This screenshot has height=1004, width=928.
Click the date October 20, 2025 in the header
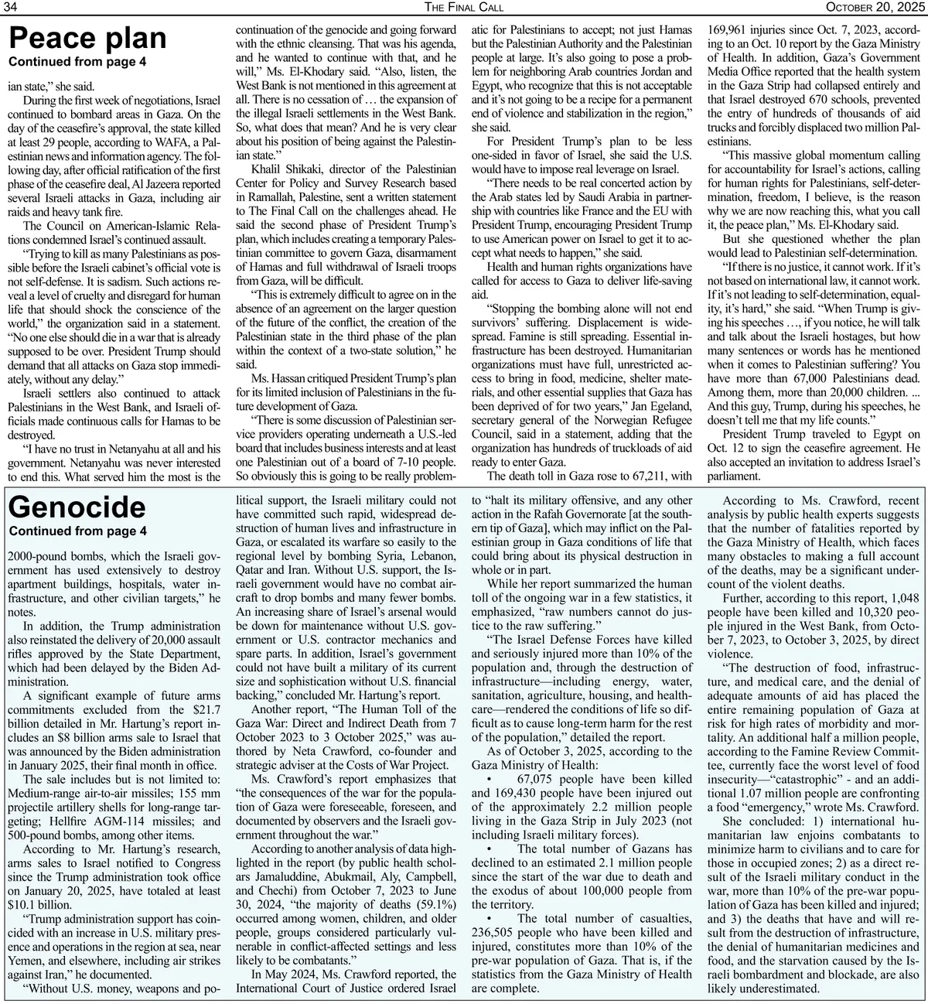coord(875,7)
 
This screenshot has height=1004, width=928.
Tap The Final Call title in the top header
coord(464,7)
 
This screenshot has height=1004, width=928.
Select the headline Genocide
coord(77,507)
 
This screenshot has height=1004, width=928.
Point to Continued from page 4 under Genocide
coord(77,531)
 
